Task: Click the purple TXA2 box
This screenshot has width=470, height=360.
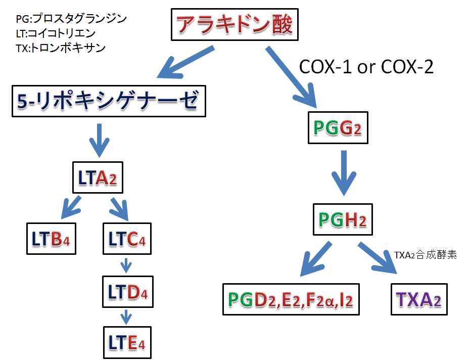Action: click(419, 299)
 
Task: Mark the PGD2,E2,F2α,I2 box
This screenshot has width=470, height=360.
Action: click(291, 299)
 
